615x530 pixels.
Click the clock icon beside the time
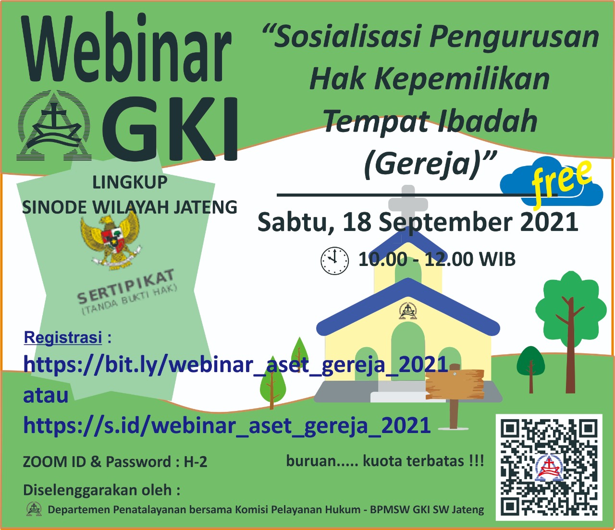[x=334, y=261]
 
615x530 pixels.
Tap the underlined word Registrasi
[x=63, y=337]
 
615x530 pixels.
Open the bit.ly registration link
[x=235, y=365]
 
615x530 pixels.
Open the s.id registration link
[x=227, y=426]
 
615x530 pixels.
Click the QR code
[x=549, y=467]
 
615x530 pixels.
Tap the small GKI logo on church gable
[x=408, y=310]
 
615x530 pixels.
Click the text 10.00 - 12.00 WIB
[x=437, y=259]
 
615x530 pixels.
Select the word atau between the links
[x=46, y=396]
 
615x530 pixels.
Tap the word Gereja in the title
[x=422, y=164]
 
